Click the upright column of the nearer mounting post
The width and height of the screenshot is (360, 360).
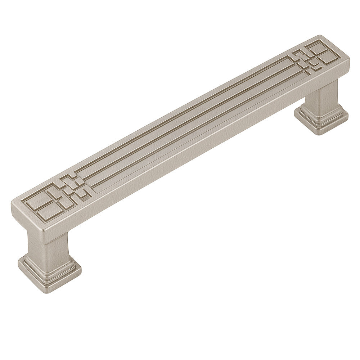click(47, 245)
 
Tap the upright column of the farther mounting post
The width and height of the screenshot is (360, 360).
click(326, 95)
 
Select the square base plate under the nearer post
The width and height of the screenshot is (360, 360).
click(50, 275)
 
